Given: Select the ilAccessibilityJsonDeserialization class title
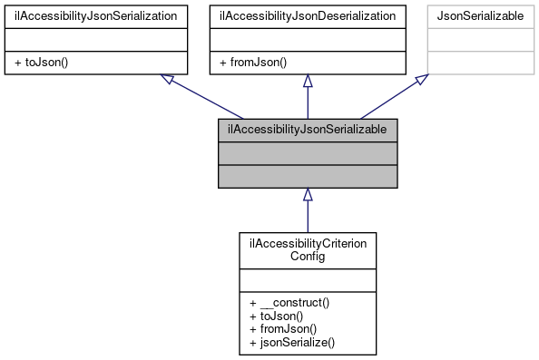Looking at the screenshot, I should click(308, 16).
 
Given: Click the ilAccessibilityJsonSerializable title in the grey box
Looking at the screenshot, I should click(308, 131).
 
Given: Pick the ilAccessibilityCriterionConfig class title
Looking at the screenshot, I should click(308, 249).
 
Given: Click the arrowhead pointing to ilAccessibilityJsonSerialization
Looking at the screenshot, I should click(168, 81).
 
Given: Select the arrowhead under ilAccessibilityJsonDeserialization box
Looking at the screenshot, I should click(308, 82).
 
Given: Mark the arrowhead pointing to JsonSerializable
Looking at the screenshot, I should click(422, 81).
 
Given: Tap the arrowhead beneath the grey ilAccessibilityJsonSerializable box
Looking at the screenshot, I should click(308, 195).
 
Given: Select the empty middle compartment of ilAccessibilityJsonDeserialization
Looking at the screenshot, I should click(308, 40).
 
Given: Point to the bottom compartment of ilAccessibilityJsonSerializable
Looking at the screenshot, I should click(308, 176).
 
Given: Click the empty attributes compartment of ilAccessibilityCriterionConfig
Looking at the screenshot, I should click(308, 279).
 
